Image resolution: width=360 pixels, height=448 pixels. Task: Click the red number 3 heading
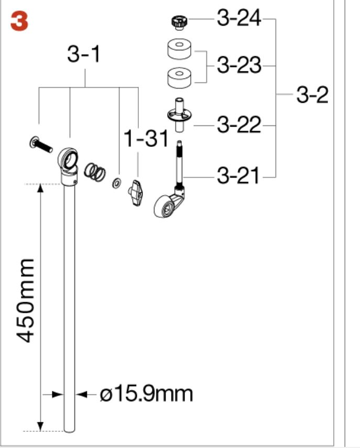(19, 22)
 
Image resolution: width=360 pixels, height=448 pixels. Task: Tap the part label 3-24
(239, 18)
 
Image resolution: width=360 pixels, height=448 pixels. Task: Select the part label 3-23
(239, 65)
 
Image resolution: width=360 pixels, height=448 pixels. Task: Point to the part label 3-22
(239, 124)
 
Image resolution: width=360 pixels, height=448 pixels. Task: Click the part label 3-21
(238, 175)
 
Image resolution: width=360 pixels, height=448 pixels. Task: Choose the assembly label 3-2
(312, 94)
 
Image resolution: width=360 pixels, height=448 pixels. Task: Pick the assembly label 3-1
(84, 54)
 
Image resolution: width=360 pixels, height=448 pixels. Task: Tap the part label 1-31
(146, 138)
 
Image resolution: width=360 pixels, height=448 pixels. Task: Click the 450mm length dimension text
(25, 301)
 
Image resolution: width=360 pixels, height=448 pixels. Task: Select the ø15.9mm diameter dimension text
(146, 394)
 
